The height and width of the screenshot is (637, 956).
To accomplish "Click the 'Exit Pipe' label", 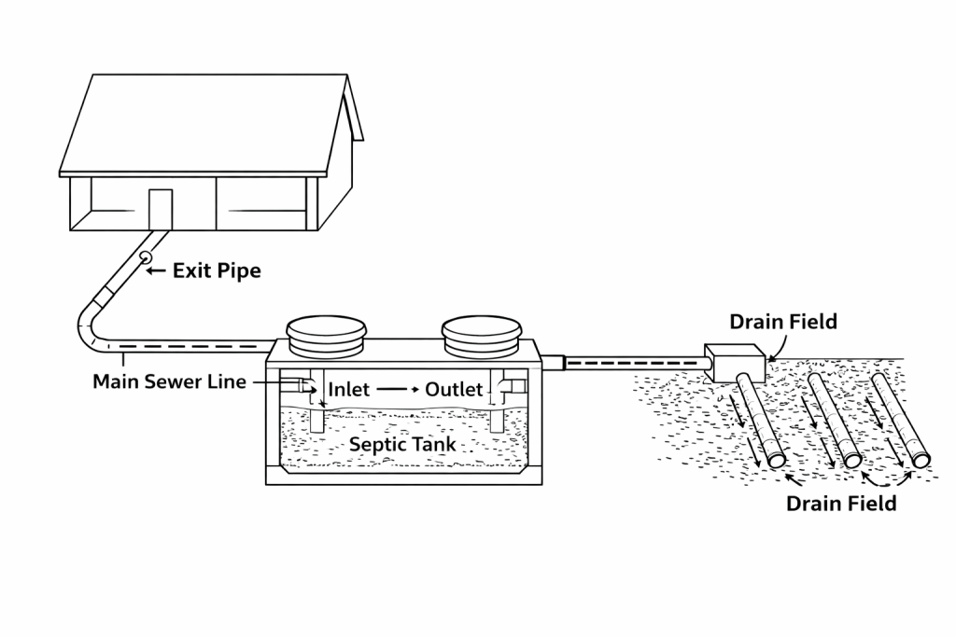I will [217, 271].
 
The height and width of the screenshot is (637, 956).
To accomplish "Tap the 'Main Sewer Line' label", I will [169, 381].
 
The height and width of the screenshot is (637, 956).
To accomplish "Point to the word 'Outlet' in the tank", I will [454, 389].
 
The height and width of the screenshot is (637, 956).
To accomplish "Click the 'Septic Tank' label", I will [402, 444].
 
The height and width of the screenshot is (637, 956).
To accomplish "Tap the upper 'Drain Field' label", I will [783, 322].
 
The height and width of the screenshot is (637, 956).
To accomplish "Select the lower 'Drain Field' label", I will [840, 504].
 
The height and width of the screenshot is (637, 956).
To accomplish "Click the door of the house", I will [161, 209].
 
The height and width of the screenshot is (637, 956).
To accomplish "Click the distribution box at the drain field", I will [734, 363].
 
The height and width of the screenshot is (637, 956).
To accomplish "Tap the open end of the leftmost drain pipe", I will [777, 460].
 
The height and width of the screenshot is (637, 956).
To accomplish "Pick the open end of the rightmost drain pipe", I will [921, 459].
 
